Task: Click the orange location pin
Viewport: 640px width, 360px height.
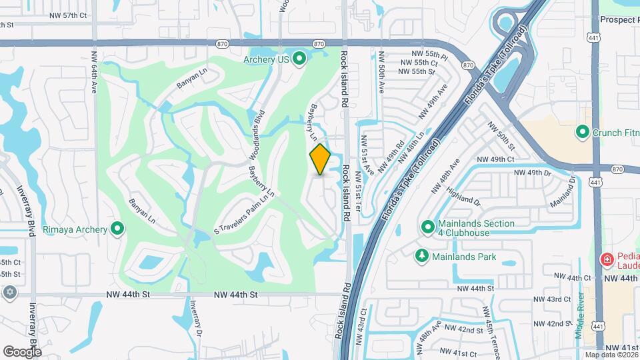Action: coord(320,159)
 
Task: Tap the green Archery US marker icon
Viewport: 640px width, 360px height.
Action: coord(299,59)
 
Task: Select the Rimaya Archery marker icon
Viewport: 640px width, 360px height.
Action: coord(118,229)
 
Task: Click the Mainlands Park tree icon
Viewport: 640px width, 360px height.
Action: coord(421,256)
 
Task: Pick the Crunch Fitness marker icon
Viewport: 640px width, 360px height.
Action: coord(582,133)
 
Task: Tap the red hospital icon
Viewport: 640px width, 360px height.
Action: coord(607,259)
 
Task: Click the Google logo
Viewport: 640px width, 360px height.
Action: coord(22,351)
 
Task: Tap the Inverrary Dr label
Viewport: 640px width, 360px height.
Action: coord(193,321)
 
